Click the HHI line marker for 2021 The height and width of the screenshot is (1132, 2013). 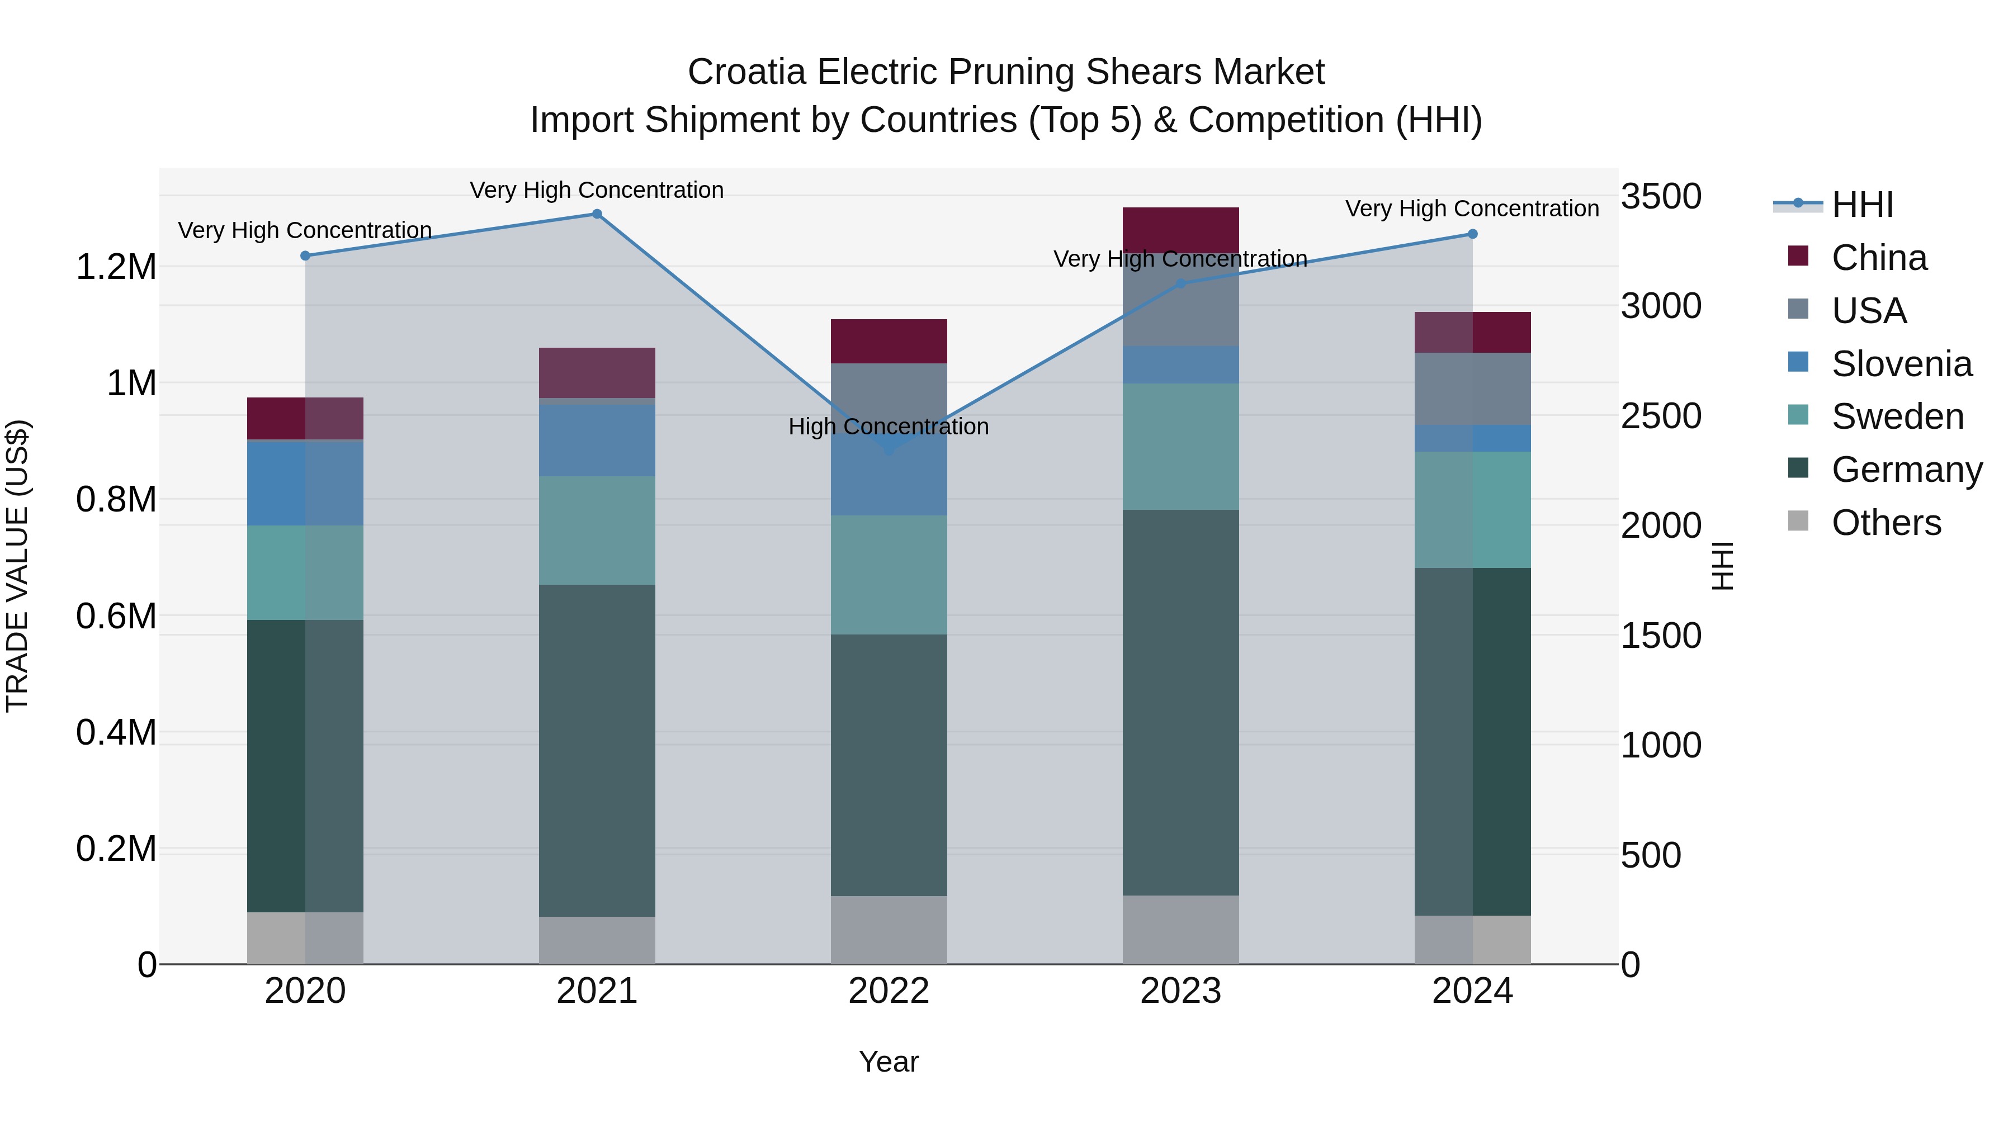[x=597, y=214]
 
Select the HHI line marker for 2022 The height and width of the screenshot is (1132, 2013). [x=889, y=449]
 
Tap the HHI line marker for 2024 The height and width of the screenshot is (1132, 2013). [x=1472, y=234]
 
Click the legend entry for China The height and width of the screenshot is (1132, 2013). [x=1879, y=258]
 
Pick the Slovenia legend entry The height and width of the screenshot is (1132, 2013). [x=1901, y=364]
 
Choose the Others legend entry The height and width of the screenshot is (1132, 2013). [x=1886, y=523]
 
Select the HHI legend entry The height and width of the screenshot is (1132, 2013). [x=1862, y=205]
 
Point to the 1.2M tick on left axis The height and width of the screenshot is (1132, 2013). [x=116, y=267]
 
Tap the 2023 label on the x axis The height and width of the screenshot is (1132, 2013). [x=1180, y=991]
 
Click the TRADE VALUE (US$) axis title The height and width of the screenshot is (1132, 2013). [x=17, y=566]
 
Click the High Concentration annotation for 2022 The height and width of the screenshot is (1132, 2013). [x=889, y=427]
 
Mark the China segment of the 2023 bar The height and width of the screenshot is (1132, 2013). [x=1180, y=230]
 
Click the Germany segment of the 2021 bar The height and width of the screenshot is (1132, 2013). [x=597, y=750]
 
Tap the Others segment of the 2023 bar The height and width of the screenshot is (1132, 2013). [x=1180, y=930]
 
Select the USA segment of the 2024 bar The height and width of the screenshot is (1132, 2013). [x=1472, y=389]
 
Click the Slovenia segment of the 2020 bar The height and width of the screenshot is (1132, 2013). [x=305, y=483]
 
